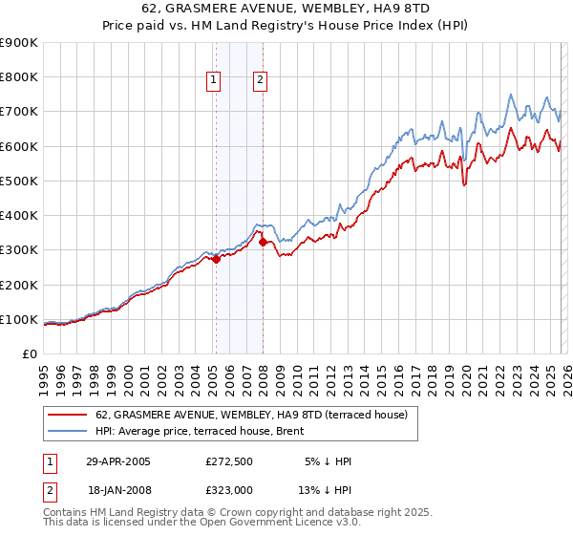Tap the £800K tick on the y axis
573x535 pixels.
(19, 77)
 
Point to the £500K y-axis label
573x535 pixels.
(19, 181)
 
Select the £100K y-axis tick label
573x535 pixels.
(19, 319)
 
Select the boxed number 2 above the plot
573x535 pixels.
(260, 81)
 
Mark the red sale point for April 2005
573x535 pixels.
(217, 259)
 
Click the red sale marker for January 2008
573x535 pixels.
(263, 242)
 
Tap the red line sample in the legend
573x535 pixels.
(68, 415)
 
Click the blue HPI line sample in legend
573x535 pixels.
(68, 430)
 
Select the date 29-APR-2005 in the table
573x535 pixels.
(117, 461)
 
